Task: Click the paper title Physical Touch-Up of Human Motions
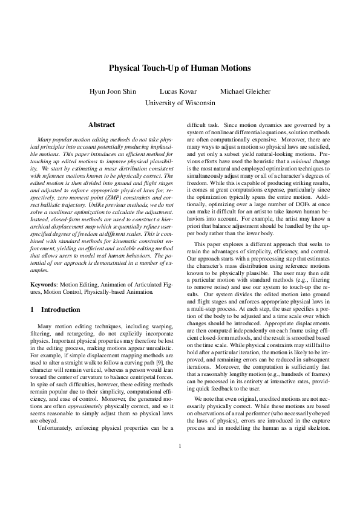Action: click(x=180, y=69)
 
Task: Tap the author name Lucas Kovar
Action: click(x=176, y=91)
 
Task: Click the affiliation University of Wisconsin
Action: click(x=180, y=103)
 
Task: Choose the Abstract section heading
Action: click(x=102, y=125)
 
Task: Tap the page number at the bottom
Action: click(x=180, y=481)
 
